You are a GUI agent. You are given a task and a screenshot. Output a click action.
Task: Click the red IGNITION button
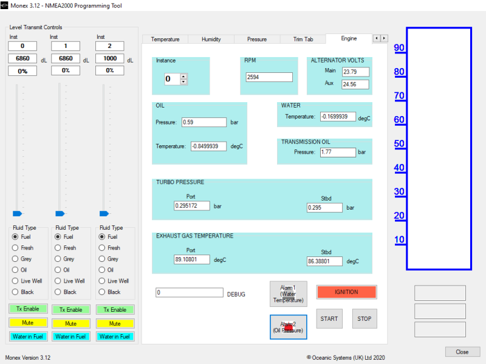(x=346, y=292)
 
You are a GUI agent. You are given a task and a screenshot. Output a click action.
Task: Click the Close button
(x=462, y=352)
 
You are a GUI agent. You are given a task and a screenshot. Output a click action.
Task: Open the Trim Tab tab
(x=303, y=39)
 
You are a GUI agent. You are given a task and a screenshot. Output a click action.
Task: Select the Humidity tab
(x=211, y=39)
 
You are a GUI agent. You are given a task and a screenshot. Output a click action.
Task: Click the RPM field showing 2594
(x=269, y=77)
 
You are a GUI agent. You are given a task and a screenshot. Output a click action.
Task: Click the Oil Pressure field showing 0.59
(x=204, y=122)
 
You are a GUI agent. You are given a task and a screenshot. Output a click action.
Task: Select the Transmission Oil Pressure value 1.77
(x=338, y=152)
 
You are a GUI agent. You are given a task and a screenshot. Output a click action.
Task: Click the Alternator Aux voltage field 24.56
(x=355, y=84)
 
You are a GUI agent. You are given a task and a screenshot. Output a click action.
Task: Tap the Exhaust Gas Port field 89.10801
(x=191, y=259)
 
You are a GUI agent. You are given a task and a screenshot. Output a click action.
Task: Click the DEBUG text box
(x=190, y=292)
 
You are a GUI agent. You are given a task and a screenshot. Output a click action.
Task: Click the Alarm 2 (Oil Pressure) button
(x=288, y=327)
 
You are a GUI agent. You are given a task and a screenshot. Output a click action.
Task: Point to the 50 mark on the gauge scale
(x=399, y=143)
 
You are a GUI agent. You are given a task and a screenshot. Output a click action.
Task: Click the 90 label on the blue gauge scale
(x=399, y=48)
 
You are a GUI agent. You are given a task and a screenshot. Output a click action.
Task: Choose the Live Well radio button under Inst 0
(x=15, y=281)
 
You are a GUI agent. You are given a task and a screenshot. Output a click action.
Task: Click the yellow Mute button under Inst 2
(x=115, y=324)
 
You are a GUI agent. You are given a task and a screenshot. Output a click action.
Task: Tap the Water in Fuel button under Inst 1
(x=70, y=337)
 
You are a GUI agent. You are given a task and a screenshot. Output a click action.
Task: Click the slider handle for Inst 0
(x=18, y=214)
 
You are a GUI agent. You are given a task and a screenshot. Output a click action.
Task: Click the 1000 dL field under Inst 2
(x=110, y=58)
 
